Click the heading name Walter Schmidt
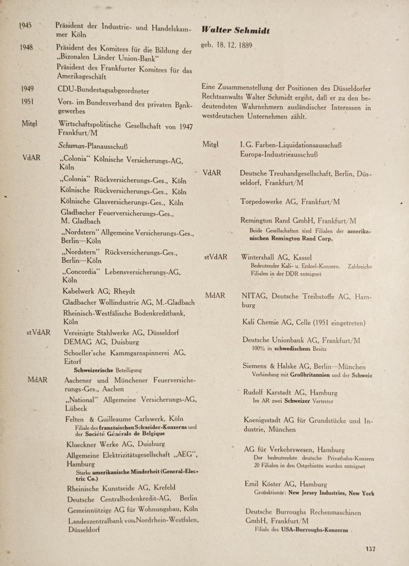pos(237,30)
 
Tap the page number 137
pos(370,549)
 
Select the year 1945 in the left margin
pos(25,25)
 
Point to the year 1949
pos(27,89)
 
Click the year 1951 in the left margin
pos(27,102)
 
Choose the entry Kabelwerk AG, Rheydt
pos(98,292)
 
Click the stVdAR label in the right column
pos(215,257)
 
